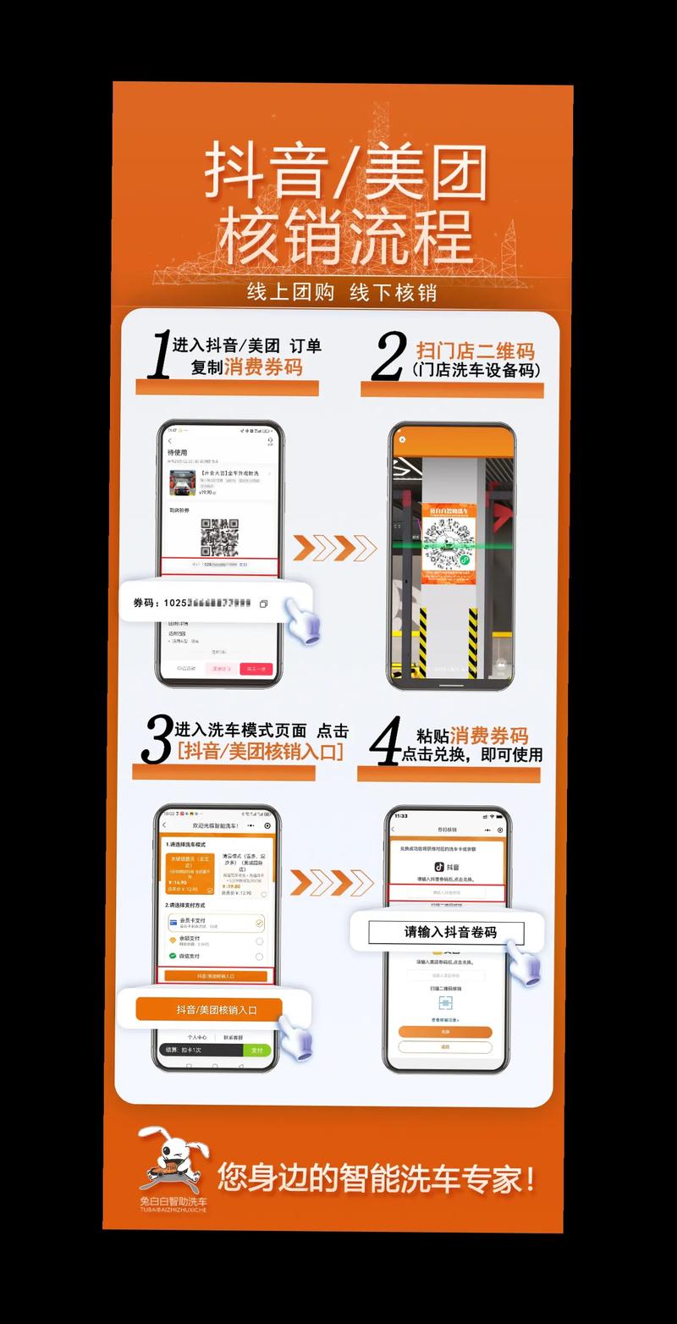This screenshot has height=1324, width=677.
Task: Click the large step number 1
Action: point(158,356)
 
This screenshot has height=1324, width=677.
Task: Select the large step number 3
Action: point(157,741)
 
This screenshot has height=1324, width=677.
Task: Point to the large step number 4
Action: point(386,741)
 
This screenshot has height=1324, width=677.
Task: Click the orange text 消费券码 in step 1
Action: point(263,367)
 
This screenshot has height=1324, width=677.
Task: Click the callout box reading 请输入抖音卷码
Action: point(447,932)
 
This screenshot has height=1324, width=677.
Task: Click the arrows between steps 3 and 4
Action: point(331,882)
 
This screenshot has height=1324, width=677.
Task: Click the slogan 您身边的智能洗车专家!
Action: point(376,1178)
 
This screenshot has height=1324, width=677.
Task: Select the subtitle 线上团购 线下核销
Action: point(341,292)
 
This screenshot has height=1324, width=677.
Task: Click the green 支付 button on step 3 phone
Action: point(257,1050)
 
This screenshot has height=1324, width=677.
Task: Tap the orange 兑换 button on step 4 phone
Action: point(445,1032)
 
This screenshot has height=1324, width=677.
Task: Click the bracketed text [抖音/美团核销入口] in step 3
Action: point(260,751)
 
